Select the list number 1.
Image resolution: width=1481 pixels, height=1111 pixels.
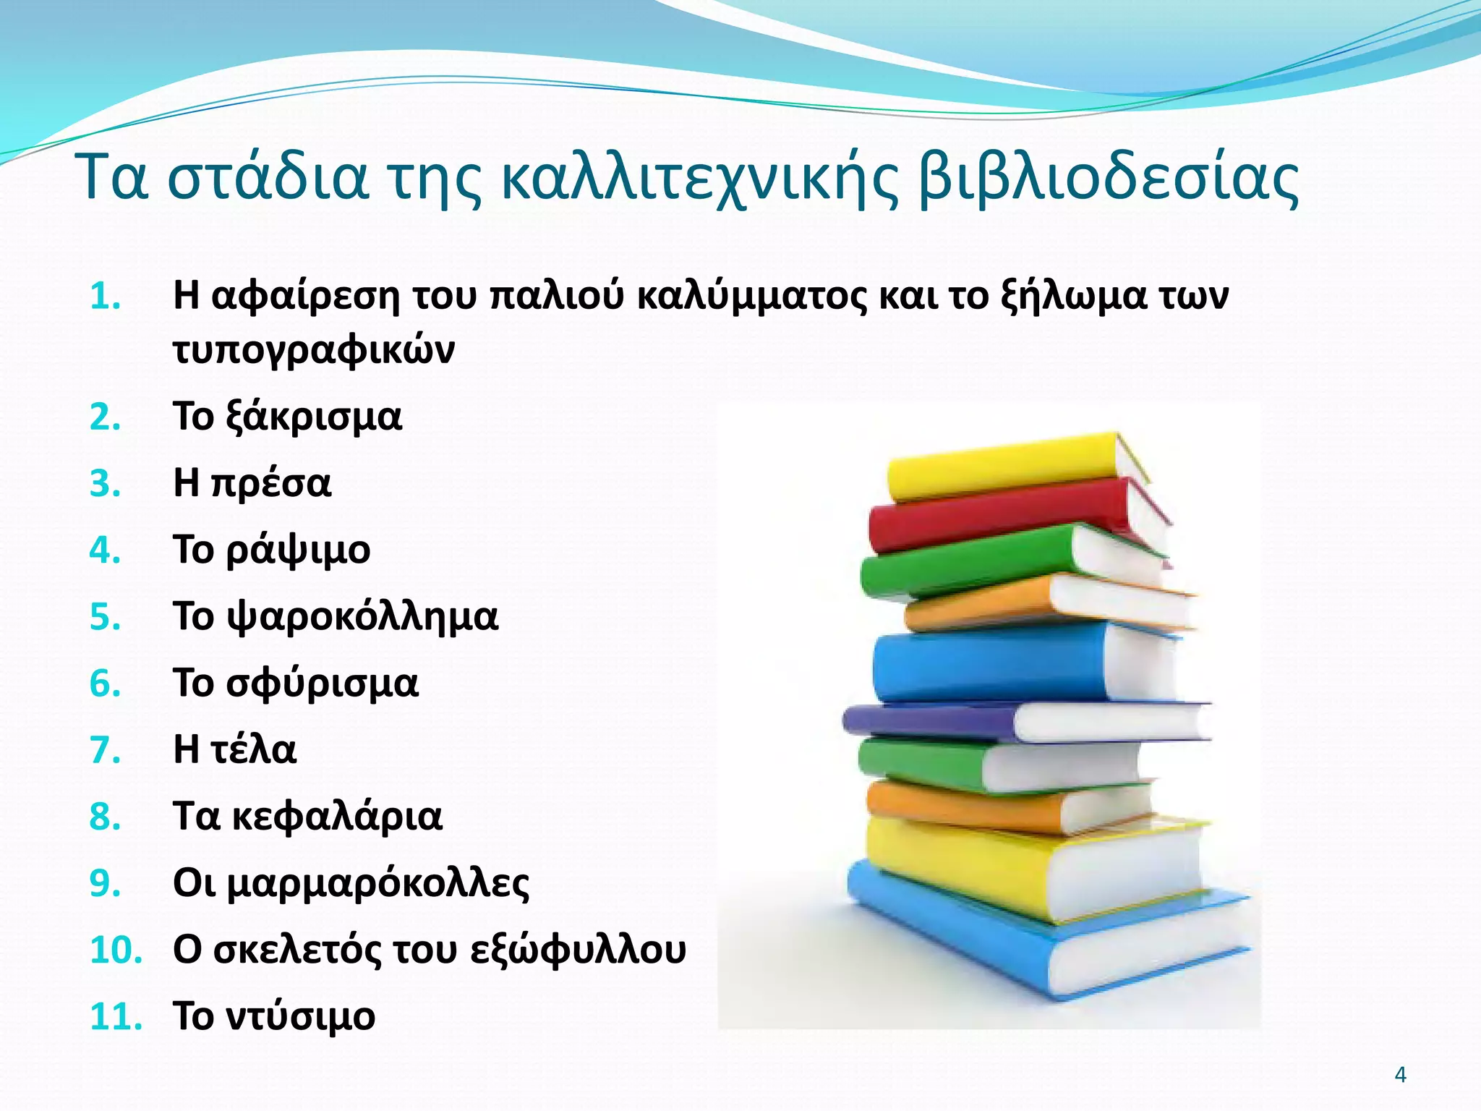105,297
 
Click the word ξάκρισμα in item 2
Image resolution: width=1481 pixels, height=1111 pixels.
313,417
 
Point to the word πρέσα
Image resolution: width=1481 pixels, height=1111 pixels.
271,484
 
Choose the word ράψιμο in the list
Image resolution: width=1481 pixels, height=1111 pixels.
298,550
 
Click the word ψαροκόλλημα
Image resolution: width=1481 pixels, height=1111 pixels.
362,617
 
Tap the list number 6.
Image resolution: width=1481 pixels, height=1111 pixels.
105,684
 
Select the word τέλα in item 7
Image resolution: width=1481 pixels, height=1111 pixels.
253,749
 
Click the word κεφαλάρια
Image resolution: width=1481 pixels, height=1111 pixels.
336,817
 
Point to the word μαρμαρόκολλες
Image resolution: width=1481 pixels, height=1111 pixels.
378,883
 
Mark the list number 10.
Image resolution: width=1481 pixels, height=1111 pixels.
116,950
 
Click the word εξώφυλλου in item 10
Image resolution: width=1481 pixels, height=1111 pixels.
578,950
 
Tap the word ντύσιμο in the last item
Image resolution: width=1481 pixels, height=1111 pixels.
301,1016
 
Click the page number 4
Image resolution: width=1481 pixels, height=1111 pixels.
1400,1075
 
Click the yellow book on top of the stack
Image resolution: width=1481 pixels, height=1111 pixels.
998,467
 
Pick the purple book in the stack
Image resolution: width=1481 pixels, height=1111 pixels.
933,720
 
